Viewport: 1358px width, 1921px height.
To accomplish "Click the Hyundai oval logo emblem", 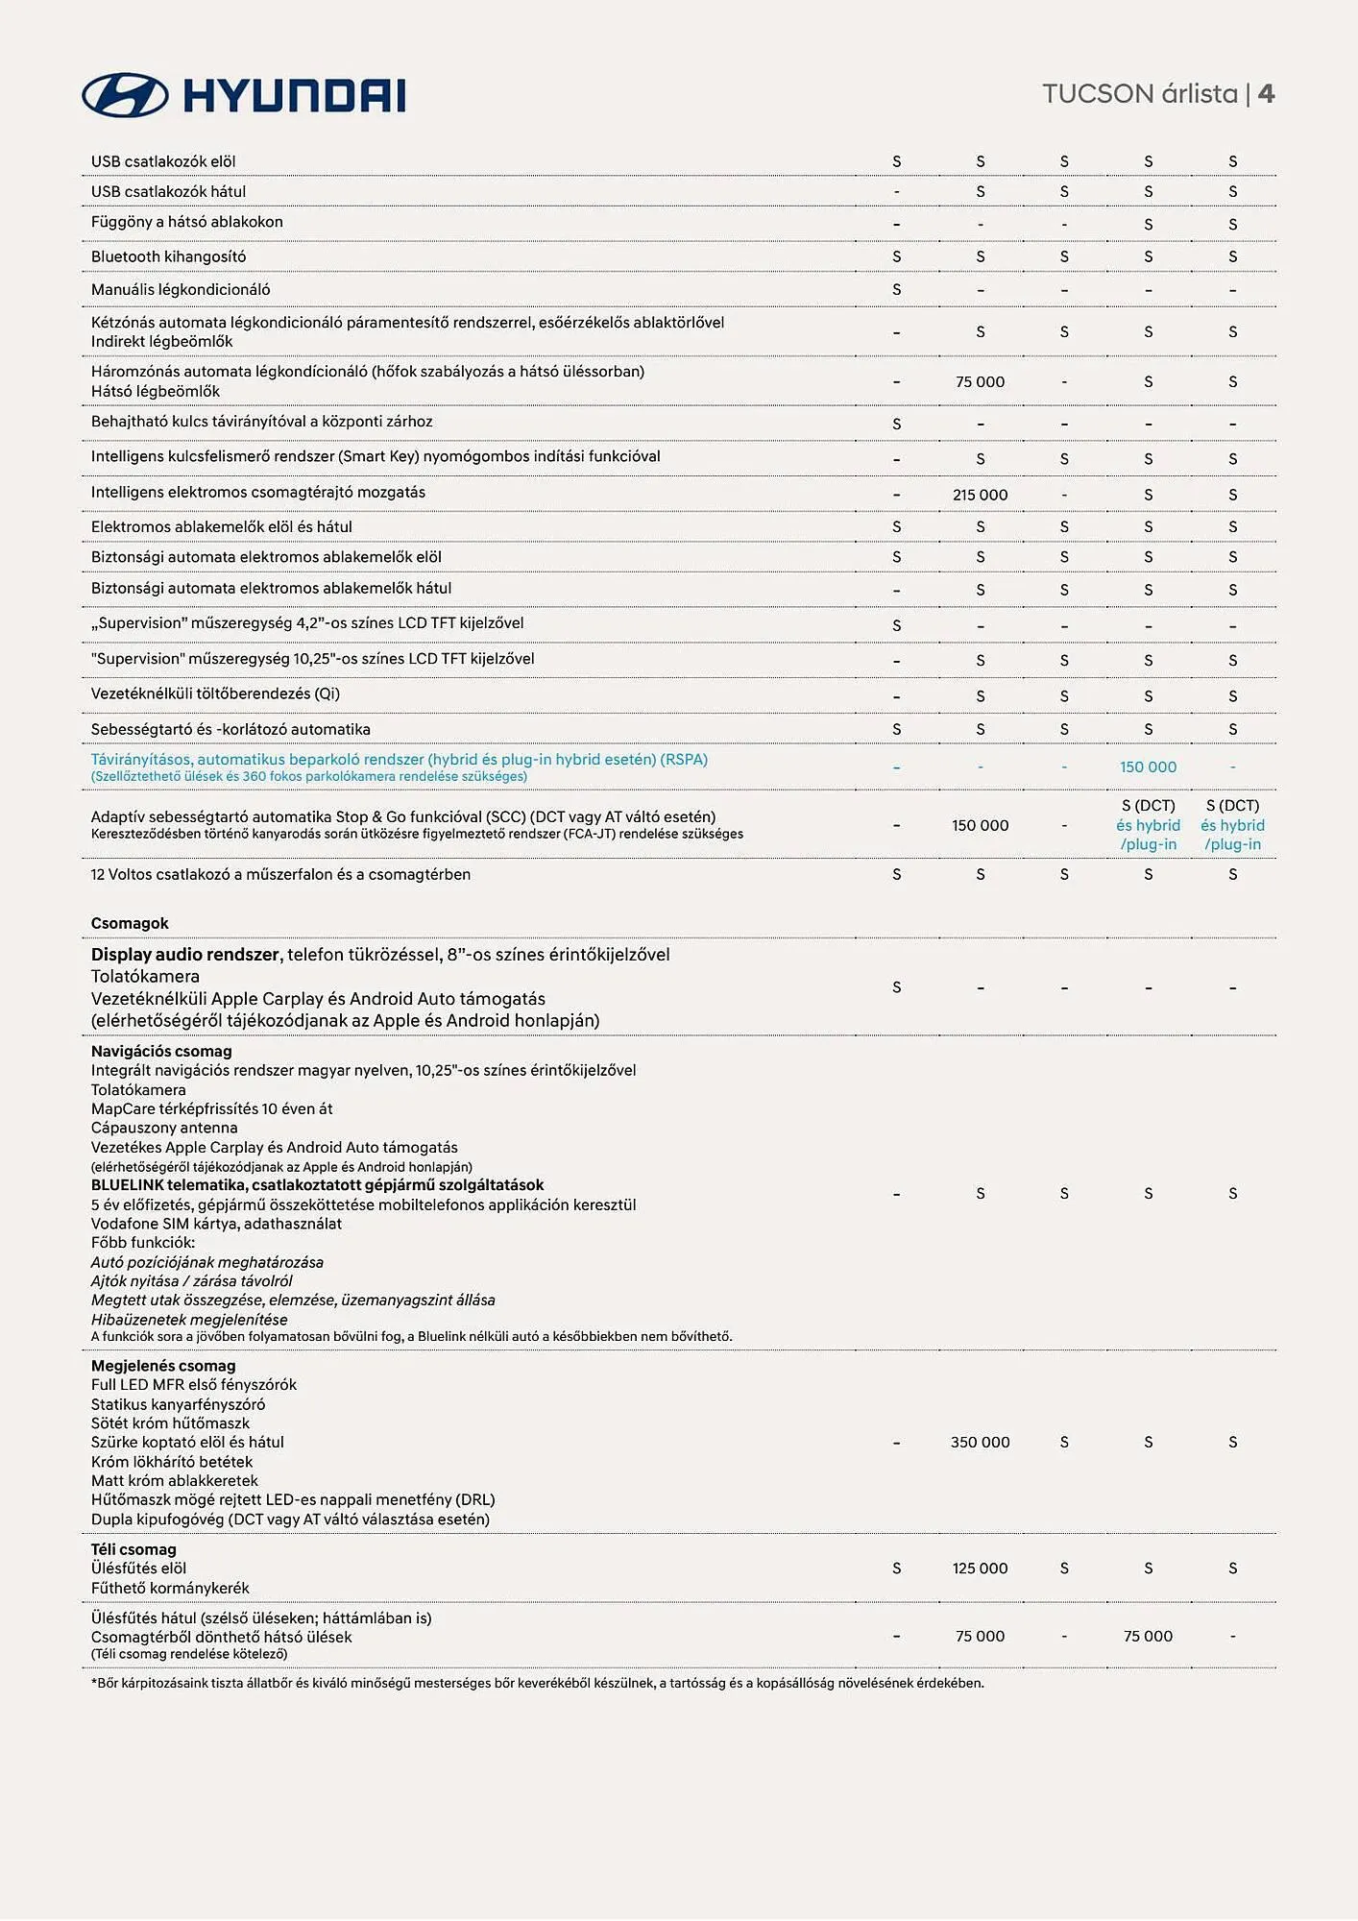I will [125, 95].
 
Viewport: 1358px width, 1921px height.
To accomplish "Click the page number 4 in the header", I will [1266, 94].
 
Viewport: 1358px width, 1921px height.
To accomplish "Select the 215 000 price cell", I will [980, 495].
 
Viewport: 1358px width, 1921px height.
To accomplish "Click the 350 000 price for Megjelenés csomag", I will [980, 1442].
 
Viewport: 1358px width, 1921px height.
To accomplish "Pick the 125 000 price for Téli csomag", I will [980, 1568].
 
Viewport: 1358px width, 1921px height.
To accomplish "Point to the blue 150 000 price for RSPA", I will [1148, 766].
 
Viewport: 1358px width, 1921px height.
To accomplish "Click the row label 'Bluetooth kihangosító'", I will [168, 256].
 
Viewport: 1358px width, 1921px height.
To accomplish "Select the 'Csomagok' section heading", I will [130, 923].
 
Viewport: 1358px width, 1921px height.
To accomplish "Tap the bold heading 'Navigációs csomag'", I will [161, 1051].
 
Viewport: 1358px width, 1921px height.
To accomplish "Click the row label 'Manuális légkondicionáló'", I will [181, 289].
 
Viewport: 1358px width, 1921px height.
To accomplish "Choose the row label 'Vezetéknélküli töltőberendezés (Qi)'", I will [215, 693].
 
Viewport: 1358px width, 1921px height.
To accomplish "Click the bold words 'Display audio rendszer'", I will [185, 955].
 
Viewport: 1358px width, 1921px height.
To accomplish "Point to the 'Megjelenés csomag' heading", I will [163, 1366].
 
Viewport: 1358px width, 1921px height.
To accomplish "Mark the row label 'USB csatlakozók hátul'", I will [168, 191].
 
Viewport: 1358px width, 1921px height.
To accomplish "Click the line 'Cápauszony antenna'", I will [164, 1128].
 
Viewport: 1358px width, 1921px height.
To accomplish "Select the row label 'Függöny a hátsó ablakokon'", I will [187, 222].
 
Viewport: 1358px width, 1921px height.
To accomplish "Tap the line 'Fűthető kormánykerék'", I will [170, 1588].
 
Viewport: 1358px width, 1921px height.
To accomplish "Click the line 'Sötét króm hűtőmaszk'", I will [170, 1423].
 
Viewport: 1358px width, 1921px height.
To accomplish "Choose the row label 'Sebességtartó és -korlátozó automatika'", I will [230, 729].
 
